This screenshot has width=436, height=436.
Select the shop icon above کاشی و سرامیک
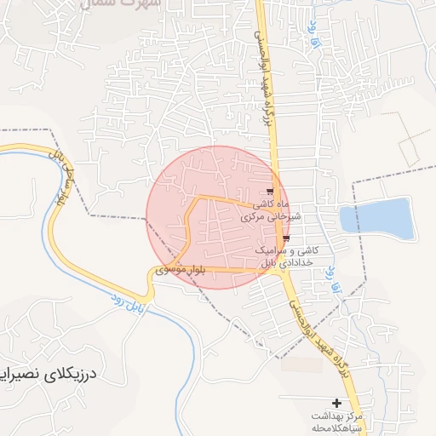[287, 238]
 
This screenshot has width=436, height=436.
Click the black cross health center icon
[336, 402]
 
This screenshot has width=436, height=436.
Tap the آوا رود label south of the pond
[337, 274]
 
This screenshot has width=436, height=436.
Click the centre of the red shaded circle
[214, 216]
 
